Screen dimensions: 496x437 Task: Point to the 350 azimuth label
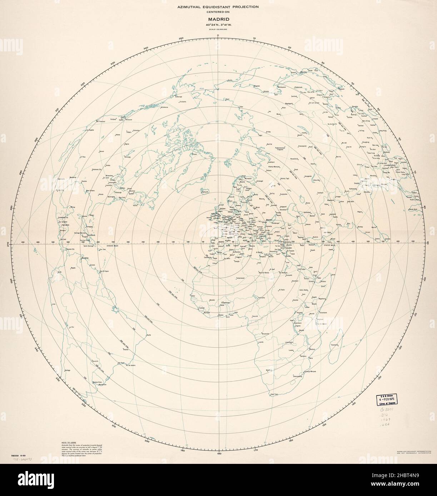click(x=181, y=38)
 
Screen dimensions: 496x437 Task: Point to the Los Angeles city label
click(x=91, y=131)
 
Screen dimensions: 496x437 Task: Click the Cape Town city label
click(x=274, y=394)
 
